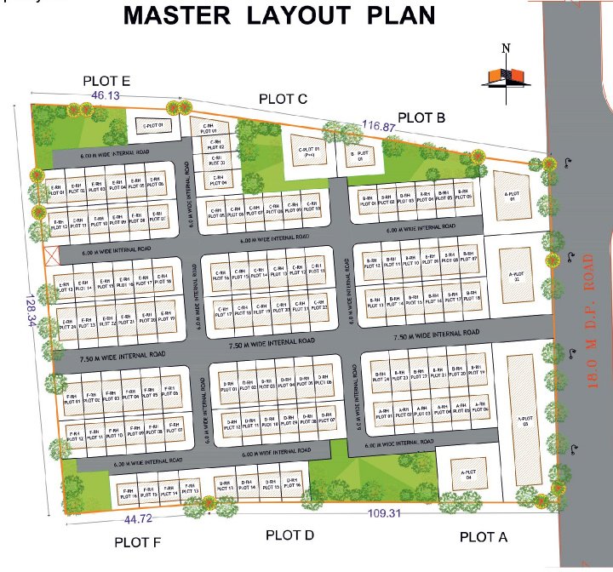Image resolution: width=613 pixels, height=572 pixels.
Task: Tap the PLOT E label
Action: [x=106, y=81]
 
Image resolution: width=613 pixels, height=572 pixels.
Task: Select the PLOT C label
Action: [x=284, y=99]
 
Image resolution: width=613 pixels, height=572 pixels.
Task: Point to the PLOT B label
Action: [x=421, y=117]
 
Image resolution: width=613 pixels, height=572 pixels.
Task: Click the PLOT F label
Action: [x=138, y=542]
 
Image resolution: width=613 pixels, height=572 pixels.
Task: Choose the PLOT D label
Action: [x=290, y=535]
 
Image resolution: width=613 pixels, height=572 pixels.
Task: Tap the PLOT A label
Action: [x=483, y=536]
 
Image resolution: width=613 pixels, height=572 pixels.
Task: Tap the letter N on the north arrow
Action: [x=506, y=49]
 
